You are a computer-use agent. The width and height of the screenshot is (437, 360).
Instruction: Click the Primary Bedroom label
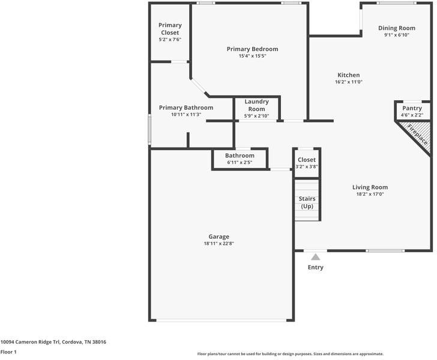(252, 49)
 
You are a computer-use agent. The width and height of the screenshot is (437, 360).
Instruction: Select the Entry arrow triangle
(315, 256)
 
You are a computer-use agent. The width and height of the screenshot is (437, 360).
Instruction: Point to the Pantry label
(412, 109)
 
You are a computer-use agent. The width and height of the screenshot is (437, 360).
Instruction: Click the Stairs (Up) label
(307, 202)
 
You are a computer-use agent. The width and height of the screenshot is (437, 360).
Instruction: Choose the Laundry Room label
(256, 106)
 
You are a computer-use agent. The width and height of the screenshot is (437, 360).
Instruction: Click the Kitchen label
(348, 75)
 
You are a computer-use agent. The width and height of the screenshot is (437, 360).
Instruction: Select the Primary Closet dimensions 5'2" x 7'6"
(170, 40)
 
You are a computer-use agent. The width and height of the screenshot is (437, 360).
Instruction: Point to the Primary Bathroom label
(185, 108)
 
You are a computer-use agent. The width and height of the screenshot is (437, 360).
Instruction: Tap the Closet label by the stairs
(306, 160)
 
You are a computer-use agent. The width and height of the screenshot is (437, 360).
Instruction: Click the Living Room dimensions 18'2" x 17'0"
(370, 194)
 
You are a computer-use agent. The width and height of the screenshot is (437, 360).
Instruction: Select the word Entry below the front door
(315, 268)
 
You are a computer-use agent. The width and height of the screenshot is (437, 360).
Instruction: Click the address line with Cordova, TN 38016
(53, 341)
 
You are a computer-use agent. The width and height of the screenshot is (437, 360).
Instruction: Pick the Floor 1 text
(8, 352)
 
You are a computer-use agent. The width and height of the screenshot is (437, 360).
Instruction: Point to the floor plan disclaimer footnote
(290, 354)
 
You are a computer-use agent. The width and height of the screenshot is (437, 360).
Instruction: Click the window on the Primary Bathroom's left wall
(149, 129)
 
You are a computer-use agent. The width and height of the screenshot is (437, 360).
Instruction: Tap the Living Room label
(370, 187)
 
